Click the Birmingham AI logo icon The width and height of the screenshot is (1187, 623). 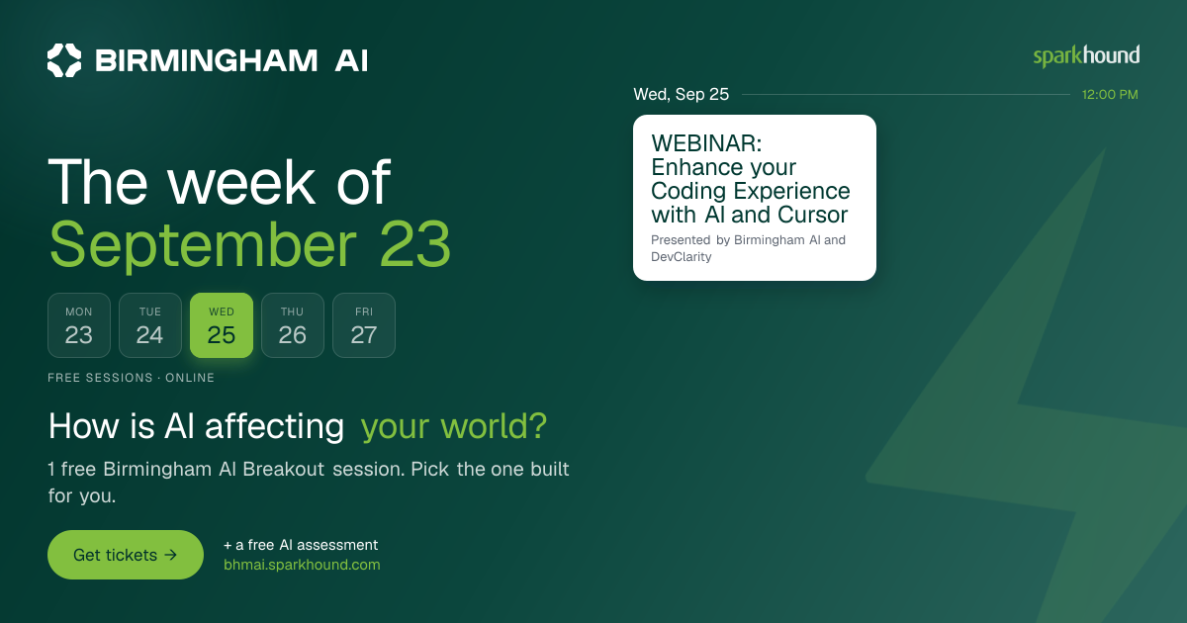(64, 60)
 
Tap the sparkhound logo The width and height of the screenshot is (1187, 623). (1086, 56)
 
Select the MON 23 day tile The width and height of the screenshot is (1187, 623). (79, 325)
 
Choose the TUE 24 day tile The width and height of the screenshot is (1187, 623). (150, 325)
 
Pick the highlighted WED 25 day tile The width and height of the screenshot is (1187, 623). (222, 325)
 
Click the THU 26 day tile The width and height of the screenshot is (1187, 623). (293, 325)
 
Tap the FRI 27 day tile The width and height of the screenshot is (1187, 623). (364, 325)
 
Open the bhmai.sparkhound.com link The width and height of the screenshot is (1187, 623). (302, 565)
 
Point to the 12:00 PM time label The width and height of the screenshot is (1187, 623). (1110, 95)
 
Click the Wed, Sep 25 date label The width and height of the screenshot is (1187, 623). (681, 94)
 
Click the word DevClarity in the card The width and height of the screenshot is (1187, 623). (681, 257)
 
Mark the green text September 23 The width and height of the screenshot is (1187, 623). (249, 246)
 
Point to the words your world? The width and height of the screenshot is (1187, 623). (454, 426)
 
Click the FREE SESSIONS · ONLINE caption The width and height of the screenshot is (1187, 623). (131, 378)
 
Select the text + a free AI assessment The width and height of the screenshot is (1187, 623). (301, 545)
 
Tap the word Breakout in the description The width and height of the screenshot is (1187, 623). (284, 470)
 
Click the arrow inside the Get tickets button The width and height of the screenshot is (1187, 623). (170, 555)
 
